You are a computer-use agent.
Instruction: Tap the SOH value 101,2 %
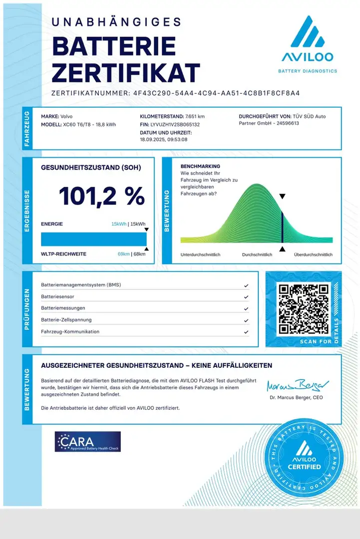point(102,196)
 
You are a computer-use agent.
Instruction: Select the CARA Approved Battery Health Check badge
point(88,442)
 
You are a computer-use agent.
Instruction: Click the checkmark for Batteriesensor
point(246,297)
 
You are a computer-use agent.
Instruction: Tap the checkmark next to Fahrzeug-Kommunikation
point(246,332)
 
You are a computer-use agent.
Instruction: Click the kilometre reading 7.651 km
point(195,116)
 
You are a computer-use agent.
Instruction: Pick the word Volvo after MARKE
point(67,116)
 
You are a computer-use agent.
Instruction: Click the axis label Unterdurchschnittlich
point(200,255)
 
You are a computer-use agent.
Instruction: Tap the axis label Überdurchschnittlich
point(313,255)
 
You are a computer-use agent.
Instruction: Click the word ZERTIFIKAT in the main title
point(126,73)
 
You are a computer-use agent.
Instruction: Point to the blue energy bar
point(94,239)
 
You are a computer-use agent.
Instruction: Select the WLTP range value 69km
point(123,254)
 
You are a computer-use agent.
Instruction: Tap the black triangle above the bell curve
point(282,197)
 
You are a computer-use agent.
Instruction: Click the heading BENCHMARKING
point(200,166)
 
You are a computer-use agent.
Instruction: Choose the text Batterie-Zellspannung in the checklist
point(66,320)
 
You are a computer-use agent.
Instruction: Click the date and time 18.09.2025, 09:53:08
point(164,140)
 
